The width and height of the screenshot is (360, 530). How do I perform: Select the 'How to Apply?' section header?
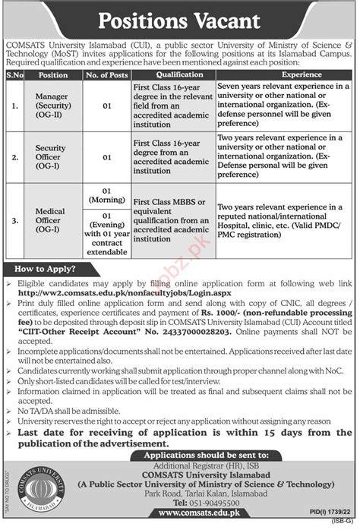coord(44,270)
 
